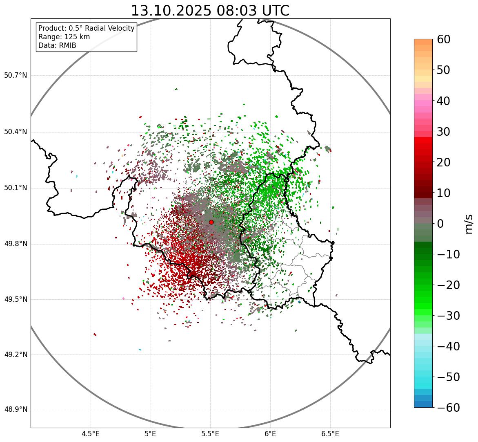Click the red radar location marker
(211, 222)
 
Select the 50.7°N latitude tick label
(16, 76)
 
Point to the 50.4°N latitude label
(16, 132)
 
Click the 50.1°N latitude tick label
(16, 188)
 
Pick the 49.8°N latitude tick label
(16, 244)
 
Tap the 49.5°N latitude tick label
(16, 300)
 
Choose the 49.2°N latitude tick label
(16, 354)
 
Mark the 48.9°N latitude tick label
(16, 410)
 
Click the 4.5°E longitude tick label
(91, 434)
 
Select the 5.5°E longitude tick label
(210, 434)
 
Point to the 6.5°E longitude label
(330, 434)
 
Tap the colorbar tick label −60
(448, 408)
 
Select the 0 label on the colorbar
(440, 224)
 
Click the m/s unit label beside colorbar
(469, 224)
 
